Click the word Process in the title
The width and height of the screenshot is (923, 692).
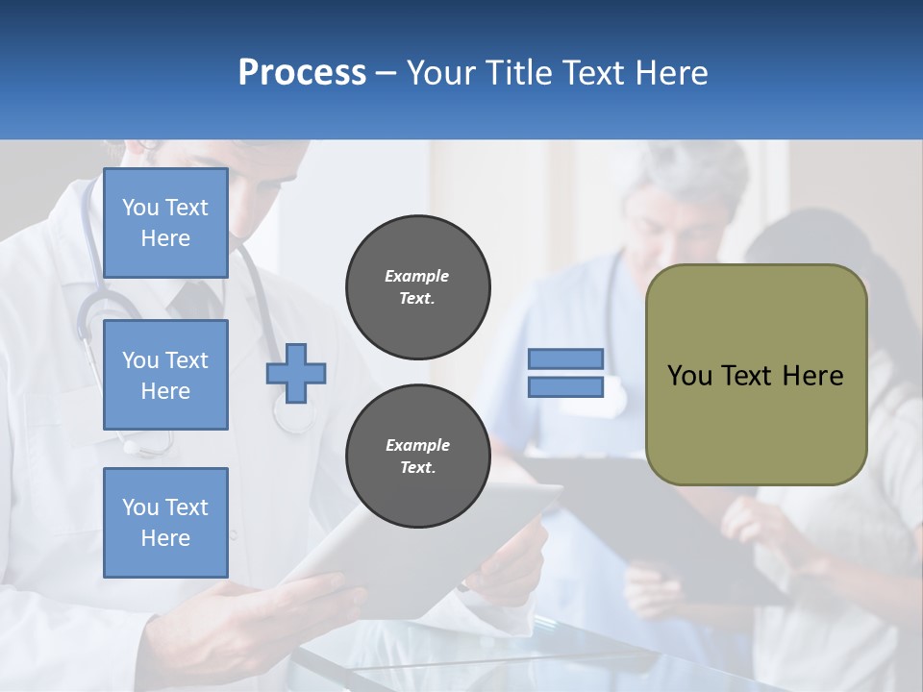[302, 73]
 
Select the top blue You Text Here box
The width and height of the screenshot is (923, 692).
[165, 223]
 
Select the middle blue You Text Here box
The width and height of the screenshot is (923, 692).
[165, 375]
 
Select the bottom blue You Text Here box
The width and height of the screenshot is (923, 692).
[165, 522]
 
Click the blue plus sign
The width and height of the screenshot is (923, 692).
[296, 373]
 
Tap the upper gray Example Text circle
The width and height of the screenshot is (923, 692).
[417, 286]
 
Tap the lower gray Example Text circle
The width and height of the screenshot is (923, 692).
[417, 456]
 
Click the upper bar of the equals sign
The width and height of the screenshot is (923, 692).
[565, 358]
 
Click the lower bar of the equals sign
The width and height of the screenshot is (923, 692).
[565, 387]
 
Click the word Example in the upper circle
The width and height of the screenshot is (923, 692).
[416, 277]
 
